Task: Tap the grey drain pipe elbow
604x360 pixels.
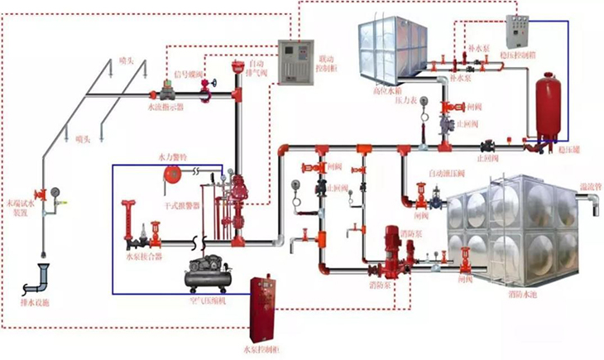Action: tap(38, 276)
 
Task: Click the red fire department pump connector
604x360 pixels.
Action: tap(129, 227)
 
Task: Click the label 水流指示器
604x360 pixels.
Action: tap(166, 108)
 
